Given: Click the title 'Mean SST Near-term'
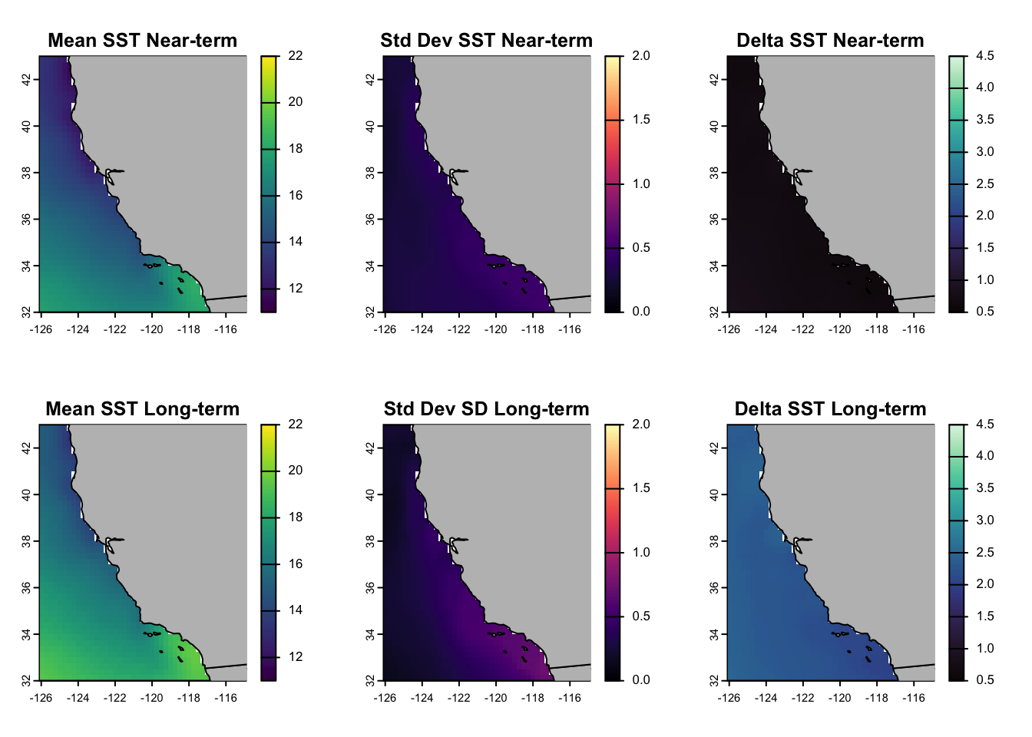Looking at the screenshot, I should pyautogui.click(x=142, y=41).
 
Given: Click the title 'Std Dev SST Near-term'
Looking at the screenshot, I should pyautogui.click(x=486, y=41).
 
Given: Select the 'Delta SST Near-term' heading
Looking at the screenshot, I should pyautogui.click(x=830, y=41).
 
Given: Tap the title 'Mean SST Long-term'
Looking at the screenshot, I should pyautogui.click(x=142, y=409).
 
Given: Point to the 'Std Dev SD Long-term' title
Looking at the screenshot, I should pyautogui.click(x=486, y=409).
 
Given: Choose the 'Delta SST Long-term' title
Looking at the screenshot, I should pyautogui.click(x=830, y=409).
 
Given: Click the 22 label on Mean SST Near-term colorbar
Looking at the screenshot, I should pyautogui.click(x=296, y=56).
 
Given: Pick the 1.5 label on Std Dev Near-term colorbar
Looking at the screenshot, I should pyautogui.click(x=641, y=120).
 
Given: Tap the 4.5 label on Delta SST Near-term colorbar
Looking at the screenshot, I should pyautogui.click(x=985, y=56).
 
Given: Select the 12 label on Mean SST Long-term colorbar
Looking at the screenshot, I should pyautogui.click(x=296, y=657).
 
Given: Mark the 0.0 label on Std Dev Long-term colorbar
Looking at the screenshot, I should pyautogui.click(x=641, y=680).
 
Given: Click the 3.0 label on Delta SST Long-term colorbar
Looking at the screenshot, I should pyautogui.click(x=985, y=521).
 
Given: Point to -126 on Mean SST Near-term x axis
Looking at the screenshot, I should pyautogui.click(x=41, y=330).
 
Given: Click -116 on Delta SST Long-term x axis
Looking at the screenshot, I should pyautogui.click(x=914, y=699).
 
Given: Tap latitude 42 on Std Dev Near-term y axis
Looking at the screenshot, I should pyautogui.click(x=371, y=79).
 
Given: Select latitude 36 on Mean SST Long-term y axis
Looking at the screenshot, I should pyautogui.click(x=27, y=587).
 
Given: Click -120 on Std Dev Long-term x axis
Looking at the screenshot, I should pyautogui.click(x=496, y=699).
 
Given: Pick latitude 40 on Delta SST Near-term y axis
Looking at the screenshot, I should pyautogui.click(x=715, y=126).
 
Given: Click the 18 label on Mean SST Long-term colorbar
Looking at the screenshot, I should pyautogui.click(x=296, y=517).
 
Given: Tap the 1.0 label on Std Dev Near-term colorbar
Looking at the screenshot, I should pyautogui.click(x=641, y=184).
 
